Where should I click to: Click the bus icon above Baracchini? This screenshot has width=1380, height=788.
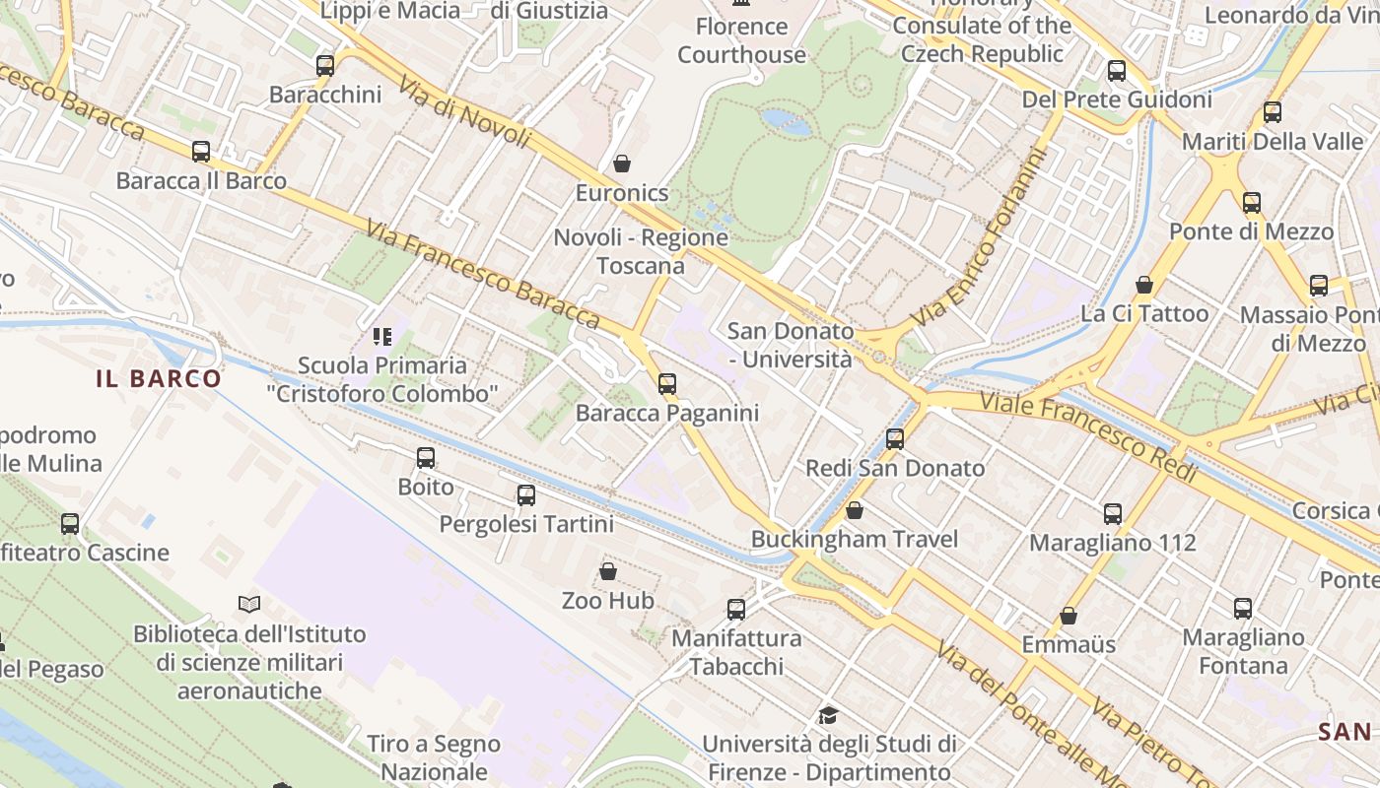[x=325, y=66]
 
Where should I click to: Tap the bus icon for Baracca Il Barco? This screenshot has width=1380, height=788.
[x=201, y=152]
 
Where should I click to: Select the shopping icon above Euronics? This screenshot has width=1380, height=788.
[x=622, y=164]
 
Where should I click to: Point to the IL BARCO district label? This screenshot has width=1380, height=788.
[x=159, y=379]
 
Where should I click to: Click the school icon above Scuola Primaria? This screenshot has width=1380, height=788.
[x=382, y=338]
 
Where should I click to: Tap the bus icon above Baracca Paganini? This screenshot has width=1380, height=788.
[x=667, y=384]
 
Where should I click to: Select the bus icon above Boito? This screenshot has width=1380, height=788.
[x=426, y=458]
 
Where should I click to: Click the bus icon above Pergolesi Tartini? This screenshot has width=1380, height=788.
[x=526, y=495]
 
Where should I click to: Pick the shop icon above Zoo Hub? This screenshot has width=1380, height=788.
[x=608, y=571]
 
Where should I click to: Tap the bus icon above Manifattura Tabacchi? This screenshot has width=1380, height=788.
[x=736, y=610]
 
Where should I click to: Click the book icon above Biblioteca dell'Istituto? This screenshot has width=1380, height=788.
[x=249, y=604]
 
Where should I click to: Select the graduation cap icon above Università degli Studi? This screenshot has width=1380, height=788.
[x=828, y=715]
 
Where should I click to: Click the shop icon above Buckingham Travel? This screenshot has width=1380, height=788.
[x=855, y=510]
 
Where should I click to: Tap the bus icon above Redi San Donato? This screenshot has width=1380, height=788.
[x=895, y=439]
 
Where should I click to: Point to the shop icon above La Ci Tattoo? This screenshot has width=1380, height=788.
[x=1144, y=286]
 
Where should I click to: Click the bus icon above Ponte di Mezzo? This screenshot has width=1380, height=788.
[x=1252, y=203]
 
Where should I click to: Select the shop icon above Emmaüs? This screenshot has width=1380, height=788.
[x=1069, y=617]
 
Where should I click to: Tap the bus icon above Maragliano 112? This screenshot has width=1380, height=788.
[x=1113, y=514]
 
